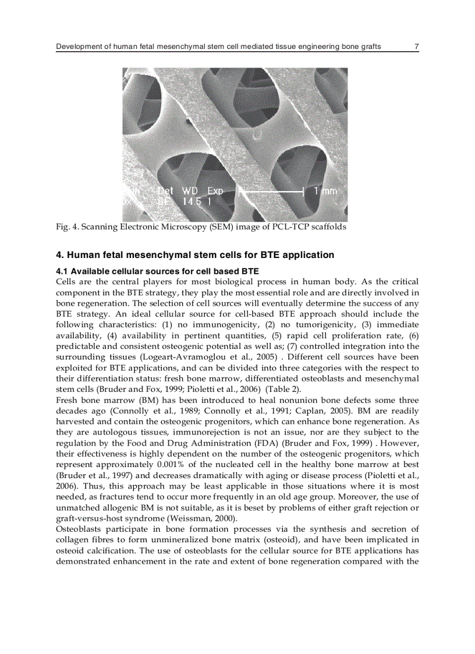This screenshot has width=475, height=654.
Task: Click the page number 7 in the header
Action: [x=416, y=46]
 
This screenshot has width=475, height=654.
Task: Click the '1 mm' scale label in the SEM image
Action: [x=325, y=191]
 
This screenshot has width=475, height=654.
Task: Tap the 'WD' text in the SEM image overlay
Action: [x=190, y=191]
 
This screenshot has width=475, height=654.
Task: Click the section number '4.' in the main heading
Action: [x=59, y=255]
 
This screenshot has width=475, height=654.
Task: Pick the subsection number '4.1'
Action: [x=62, y=271]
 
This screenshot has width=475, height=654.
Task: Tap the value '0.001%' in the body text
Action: [x=172, y=465]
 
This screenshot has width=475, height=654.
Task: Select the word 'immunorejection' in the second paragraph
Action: [x=225, y=432]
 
